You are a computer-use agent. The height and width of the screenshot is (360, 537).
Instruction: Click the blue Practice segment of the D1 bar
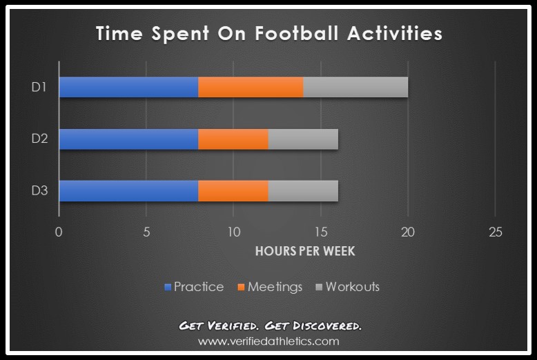click(128, 87)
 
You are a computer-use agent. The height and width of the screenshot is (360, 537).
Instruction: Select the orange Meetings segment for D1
click(251, 87)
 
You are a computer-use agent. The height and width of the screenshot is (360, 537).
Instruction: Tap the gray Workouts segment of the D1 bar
click(355, 87)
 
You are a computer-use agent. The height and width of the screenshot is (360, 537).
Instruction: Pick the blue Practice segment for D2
click(128, 139)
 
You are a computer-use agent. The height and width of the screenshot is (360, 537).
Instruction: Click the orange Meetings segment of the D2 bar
click(233, 139)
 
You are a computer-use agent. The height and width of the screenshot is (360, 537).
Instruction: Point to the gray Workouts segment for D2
click(303, 139)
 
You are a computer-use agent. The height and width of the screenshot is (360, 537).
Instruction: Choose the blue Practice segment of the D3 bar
click(128, 191)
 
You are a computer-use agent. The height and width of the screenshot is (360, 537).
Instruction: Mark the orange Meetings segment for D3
click(233, 191)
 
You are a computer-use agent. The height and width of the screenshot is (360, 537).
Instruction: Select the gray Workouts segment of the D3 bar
click(303, 191)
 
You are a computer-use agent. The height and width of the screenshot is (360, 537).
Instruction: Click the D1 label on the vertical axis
click(39, 87)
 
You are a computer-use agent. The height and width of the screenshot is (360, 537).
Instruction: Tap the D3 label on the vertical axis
click(39, 191)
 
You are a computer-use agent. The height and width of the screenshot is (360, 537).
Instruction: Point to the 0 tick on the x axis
click(59, 232)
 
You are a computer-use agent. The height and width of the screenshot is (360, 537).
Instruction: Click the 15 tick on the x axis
click(320, 232)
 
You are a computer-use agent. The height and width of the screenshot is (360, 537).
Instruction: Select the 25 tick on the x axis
click(495, 232)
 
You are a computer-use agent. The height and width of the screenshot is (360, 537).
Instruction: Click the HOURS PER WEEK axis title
click(305, 251)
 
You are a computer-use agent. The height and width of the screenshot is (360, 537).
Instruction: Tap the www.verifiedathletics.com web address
click(268, 341)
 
